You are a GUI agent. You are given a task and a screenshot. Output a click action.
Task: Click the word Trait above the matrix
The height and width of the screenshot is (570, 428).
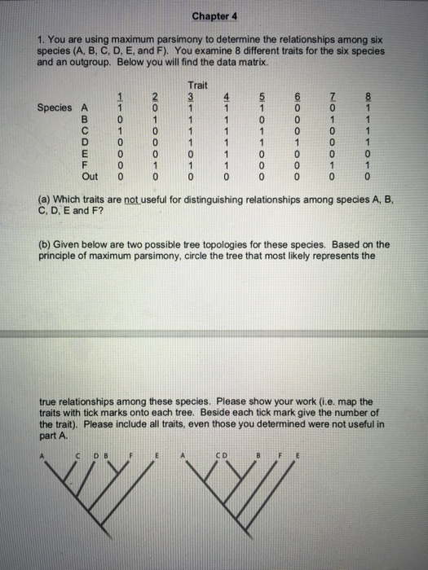198,85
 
